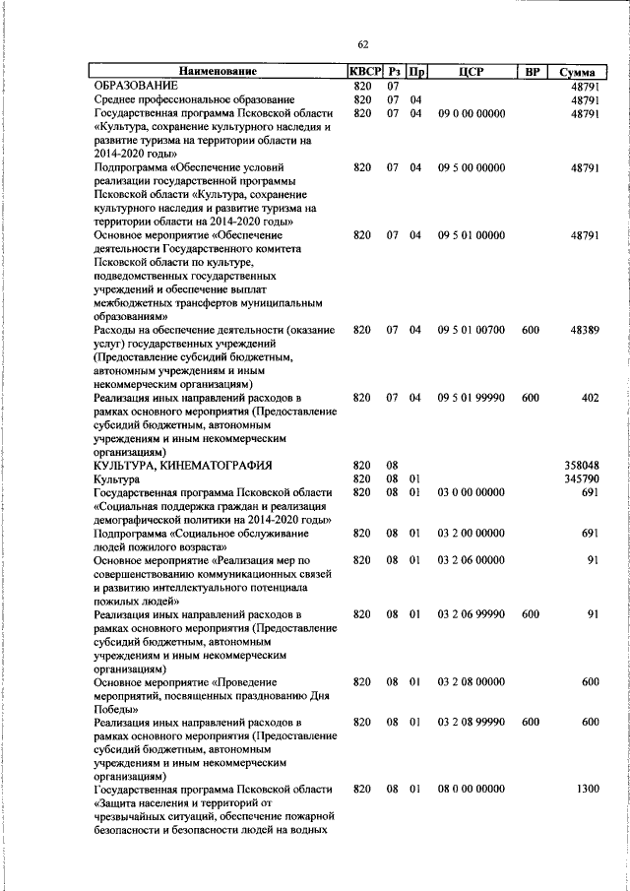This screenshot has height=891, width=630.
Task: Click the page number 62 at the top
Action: tap(363, 44)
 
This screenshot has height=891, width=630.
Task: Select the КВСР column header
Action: tap(363, 72)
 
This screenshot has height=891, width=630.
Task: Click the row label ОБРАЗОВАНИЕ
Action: tap(137, 86)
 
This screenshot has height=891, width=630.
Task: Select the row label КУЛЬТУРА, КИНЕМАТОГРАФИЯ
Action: tap(182, 465)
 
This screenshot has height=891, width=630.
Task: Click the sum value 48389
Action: tap(584, 330)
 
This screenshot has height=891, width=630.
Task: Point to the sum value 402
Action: tap(590, 398)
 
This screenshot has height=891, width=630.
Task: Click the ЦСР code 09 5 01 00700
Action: tap(471, 330)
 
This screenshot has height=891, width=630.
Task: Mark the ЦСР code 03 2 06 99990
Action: tap(471, 613)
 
